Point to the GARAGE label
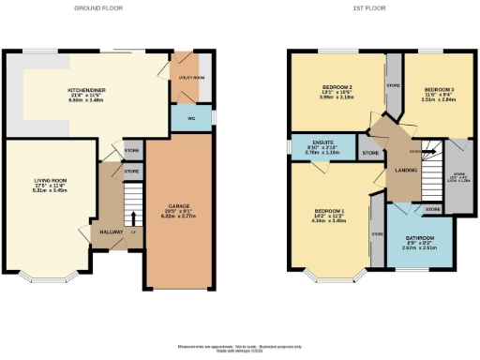point(180,204)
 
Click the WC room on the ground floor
point(190,119)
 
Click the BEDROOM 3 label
point(425,86)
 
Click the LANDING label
point(406,170)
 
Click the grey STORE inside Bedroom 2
point(393,85)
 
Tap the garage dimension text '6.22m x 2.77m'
point(180,217)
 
